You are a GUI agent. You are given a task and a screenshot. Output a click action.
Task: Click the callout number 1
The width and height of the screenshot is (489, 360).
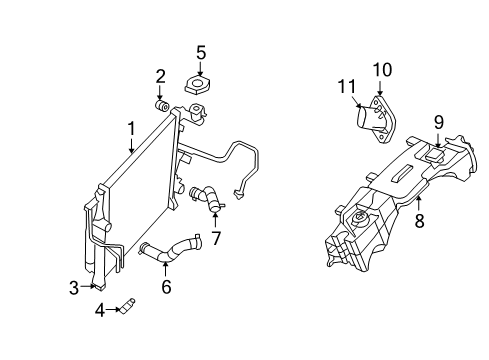pos(131,129)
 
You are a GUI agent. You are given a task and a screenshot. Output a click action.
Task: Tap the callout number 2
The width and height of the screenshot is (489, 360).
pos(160,76)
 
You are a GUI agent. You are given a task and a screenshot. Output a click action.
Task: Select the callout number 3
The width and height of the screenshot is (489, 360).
pos(74,288)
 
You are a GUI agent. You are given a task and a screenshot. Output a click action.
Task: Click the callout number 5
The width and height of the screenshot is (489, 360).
pos(201,52)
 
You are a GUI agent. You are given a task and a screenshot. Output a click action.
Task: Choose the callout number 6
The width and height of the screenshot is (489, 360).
pos(166,287)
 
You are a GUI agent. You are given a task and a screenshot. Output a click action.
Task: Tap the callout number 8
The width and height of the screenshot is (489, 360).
pos(419,221)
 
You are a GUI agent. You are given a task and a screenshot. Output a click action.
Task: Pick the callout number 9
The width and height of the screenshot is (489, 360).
pos(438,123)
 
